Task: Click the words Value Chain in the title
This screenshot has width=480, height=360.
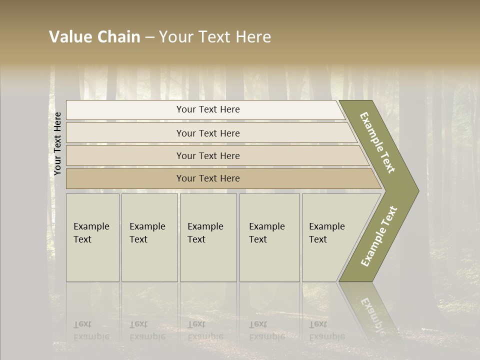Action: pyautogui.click(x=94, y=37)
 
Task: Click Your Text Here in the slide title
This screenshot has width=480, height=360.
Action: pyautogui.click(x=215, y=37)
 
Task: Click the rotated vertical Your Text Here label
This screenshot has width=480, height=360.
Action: pyautogui.click(x=57, y=143)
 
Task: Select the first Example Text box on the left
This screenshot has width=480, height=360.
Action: pyautogui.click(x=92, y=237)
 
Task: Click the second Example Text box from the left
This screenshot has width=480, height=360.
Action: pyautogui.click(x=149, y=237)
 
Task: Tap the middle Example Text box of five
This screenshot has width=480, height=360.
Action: pyautogui.click(x=208, y=237)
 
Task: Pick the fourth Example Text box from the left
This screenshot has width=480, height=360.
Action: pyautogui.click(x=269, y=237)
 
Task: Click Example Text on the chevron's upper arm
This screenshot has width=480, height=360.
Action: pyautogui.click(x=377, y=142)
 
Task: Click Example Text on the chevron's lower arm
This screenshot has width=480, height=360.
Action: pyautogui.click(x=378, y=236)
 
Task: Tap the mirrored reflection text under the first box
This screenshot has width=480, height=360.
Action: pyautogui.click(x=91, y=330)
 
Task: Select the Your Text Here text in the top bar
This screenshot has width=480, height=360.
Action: pyautogui.click(x=208, y=109)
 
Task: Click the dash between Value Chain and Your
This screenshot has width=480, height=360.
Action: pyautogui.click(x=149, y=37)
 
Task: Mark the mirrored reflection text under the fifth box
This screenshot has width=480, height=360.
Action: pyautogui.click(x=327, y=330)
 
